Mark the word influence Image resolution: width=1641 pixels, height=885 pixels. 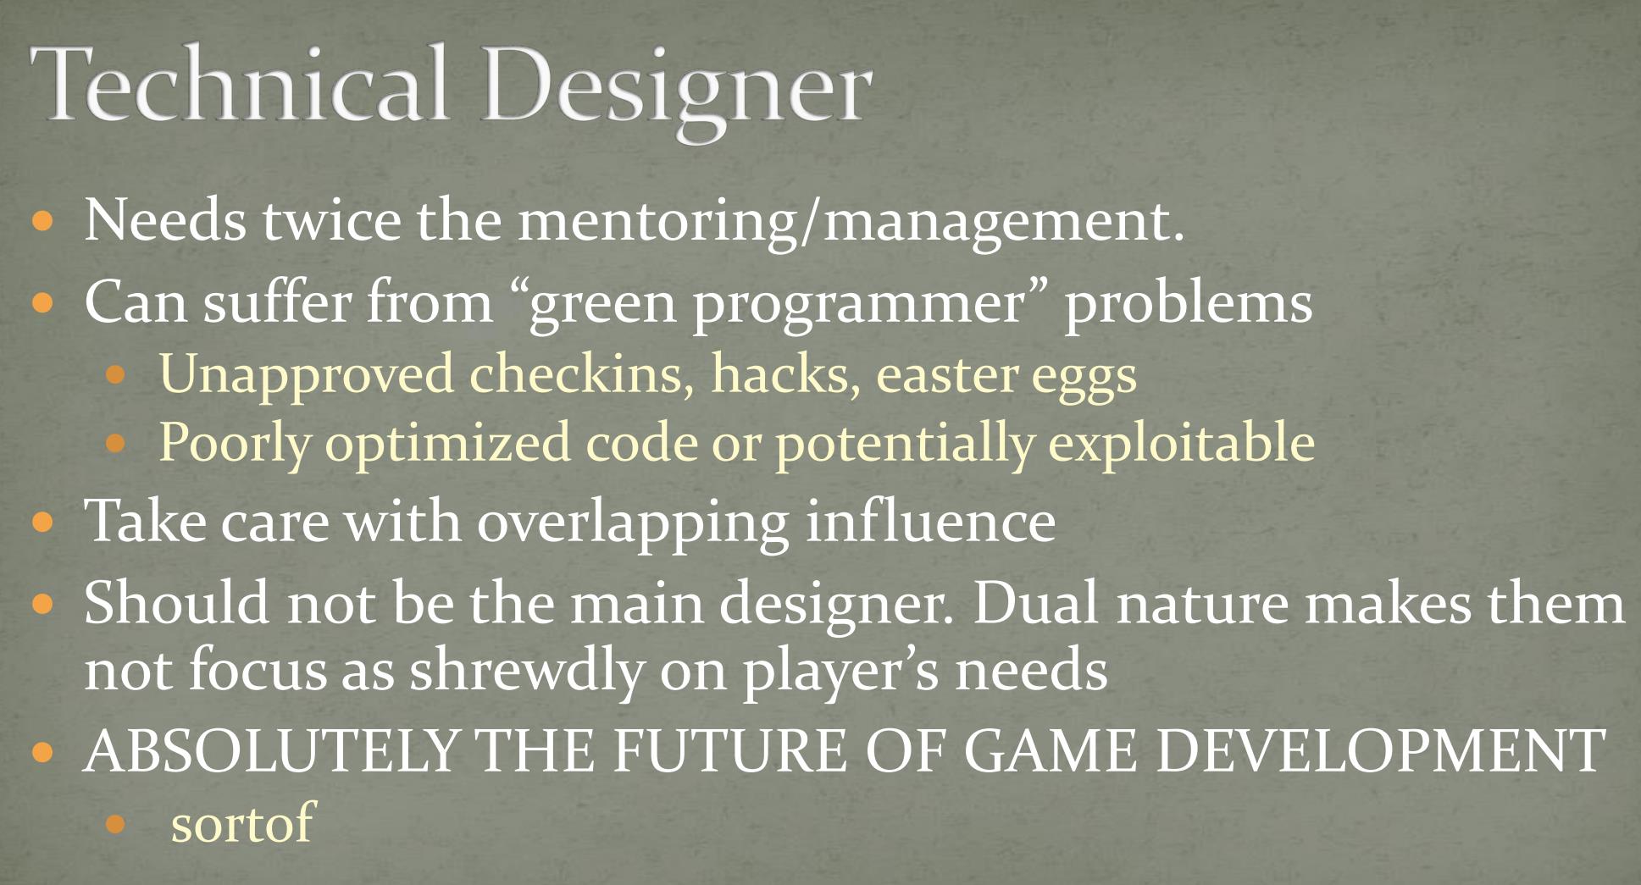point(930,519)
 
